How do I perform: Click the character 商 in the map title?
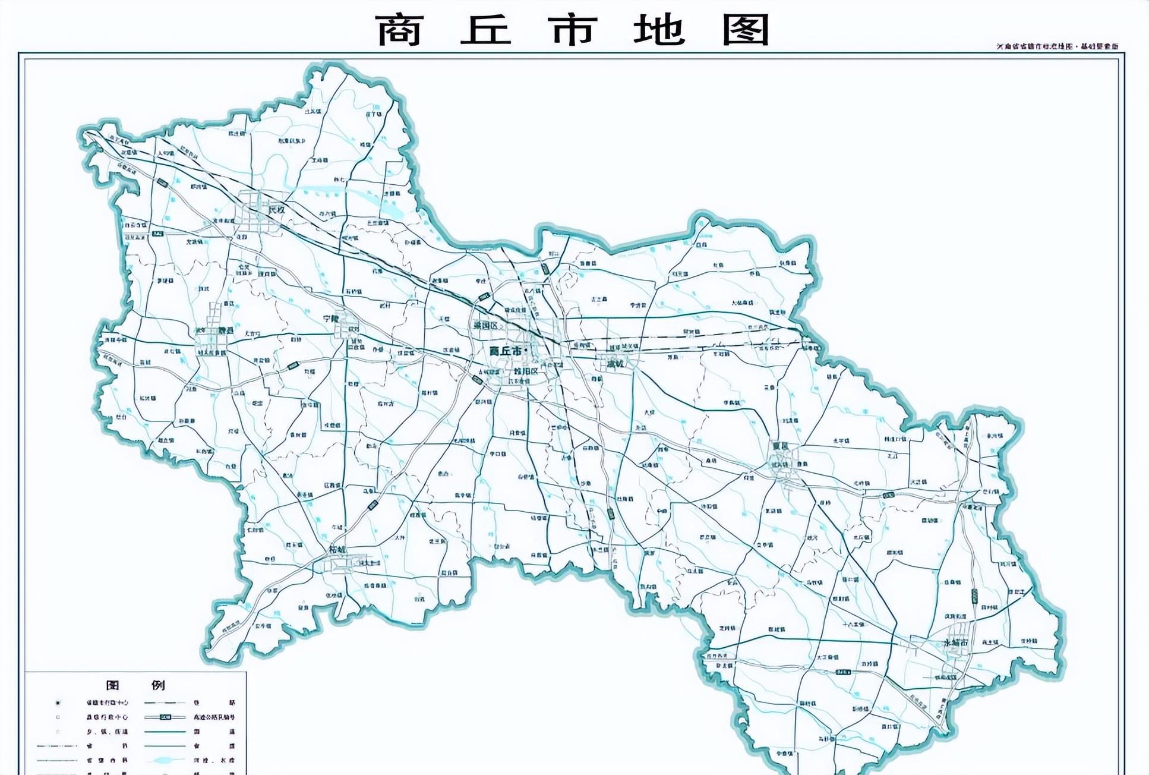tap(399, 30)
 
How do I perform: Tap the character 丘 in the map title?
tap(485, 30)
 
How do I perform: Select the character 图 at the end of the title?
tap(746, 30)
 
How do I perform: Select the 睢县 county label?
tap(225, 330)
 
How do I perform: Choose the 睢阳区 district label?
tap(525, 371)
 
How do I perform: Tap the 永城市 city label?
tap(956, 642)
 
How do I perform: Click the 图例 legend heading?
tap(135, 685)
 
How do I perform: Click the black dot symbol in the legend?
tap(58, 703)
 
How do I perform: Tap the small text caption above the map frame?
tap(1058, 46)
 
